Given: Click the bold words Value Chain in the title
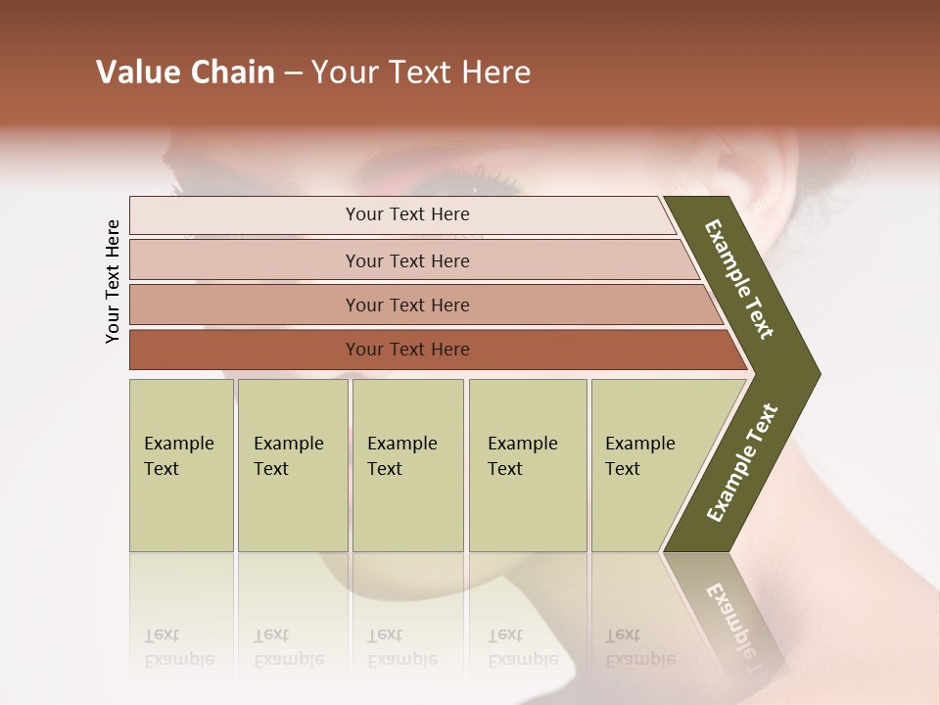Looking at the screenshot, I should tap(185, 72).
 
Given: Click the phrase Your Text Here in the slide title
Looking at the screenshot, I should tap(421, 72).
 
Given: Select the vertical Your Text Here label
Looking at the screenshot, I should tap(113, 281).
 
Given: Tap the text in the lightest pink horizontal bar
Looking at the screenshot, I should tap(407, 214).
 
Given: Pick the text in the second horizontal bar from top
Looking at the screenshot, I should tap(407, 261).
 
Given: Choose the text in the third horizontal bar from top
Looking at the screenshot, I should tap(407, 305).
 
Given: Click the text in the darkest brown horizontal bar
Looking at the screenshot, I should tap(407, 350).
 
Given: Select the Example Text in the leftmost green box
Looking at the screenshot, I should tap(178, 456).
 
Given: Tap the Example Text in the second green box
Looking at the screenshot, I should tap(288, 456).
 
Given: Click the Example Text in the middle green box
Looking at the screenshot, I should tap(401, 456).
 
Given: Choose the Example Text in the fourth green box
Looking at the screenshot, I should tap(522, 456).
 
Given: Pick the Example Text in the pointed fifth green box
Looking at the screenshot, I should tap(639, 456).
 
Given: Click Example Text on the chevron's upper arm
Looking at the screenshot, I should tap(739, 279).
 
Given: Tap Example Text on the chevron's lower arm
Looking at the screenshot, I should tap(741, 463).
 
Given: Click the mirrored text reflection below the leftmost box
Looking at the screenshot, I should tap(178, 647).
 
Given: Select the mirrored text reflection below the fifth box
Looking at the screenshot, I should tap(639, 647).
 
